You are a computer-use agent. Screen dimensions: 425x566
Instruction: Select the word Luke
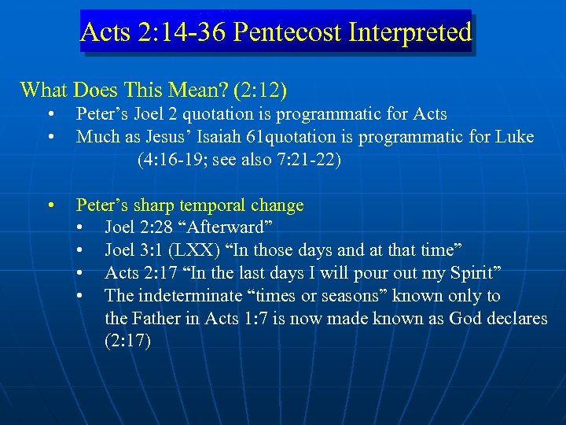[514, 137]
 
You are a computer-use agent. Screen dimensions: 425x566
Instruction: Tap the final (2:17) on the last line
[127, 342]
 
